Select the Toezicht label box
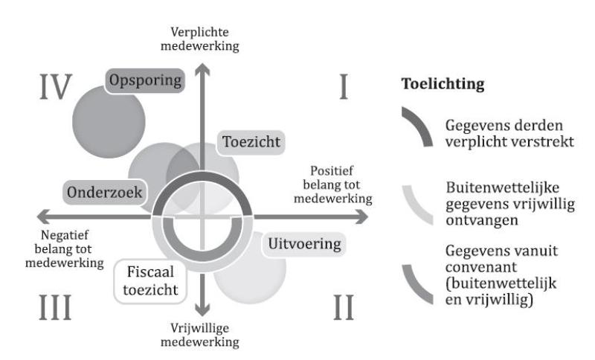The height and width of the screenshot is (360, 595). pyautogui.click(x=242, y=142)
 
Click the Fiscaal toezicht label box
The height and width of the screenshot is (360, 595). pyautogui.click(x=151, y=280)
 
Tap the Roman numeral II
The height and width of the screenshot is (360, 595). pyautogui.click(x=343, y=306)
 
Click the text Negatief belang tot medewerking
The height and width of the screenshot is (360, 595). pyautogui.click(x=53, y=245)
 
